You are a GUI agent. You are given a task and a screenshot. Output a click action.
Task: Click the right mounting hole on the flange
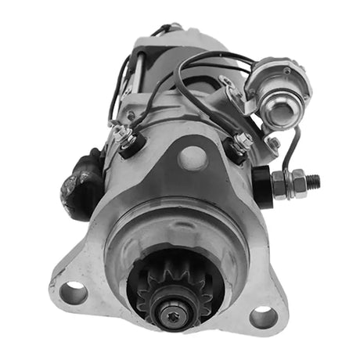[263, 317]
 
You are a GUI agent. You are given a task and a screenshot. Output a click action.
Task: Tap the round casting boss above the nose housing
[193, 157]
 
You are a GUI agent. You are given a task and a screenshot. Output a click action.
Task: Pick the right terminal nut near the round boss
[240, 143]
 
